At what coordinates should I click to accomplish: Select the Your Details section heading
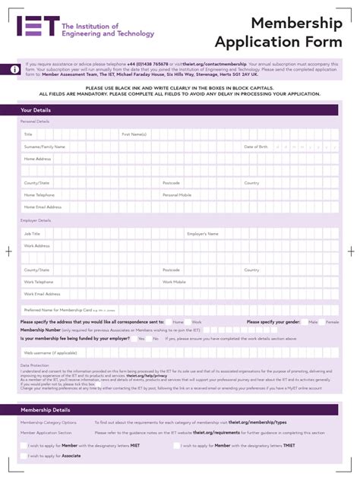click(x=36, y=110)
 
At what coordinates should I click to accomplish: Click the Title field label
click(x=28, y=134)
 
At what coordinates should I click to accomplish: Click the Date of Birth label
click(x=256, y=147)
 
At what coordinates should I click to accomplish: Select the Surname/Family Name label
click(x=44, y=147)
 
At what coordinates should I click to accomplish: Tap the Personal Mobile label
click(x=177, y=194)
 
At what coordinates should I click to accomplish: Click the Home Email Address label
click(x=43, y=207)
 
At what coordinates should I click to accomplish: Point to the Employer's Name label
click(x=203, y=234)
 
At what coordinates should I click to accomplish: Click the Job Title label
click(x=32, y=234)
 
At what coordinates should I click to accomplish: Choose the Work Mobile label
click(x=174, y=282)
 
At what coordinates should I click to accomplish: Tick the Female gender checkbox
click(x=321, y=321)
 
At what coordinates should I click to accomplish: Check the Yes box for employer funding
click(x=132, y=339)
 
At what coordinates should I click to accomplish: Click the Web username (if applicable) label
click(x=50, y=352)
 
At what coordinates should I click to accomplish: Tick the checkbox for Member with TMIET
click(x=177, y=445)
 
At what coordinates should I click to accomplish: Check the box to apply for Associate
click(x=24, y=456)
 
